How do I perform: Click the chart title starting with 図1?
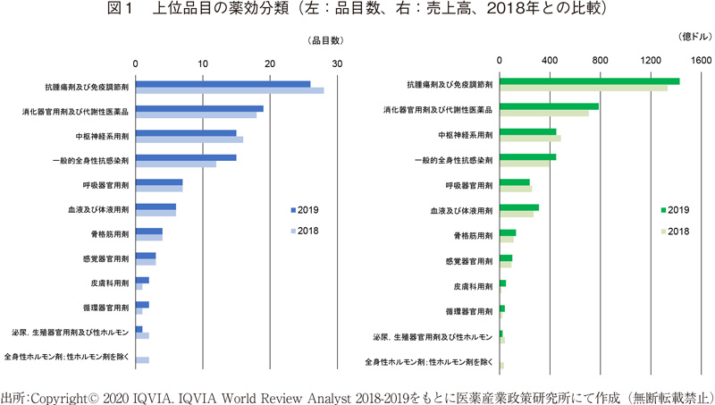tap(357, 10)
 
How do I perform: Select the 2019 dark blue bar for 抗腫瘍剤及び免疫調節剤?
tap(223, 84)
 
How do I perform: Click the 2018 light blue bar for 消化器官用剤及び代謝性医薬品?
tap(196, 115)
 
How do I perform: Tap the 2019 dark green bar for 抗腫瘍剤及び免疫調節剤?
tap(589, 81)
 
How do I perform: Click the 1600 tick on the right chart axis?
tap(700, 60)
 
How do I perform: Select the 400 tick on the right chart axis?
tap(550, 60)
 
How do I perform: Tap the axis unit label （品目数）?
tap(325, 41)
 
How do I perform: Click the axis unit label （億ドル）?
tap(688, 37)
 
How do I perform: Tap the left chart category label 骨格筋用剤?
tap(113, 235)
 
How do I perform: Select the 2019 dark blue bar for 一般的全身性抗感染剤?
tap(186, 157)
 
